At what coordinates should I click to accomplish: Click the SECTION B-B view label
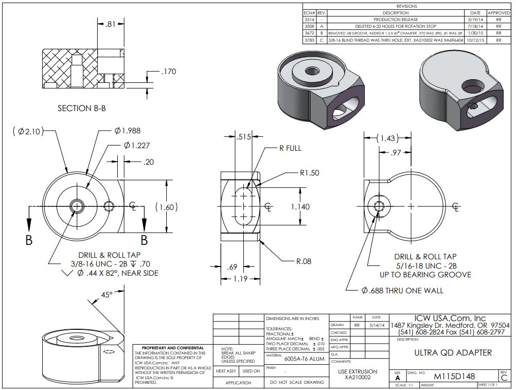pos(85,109)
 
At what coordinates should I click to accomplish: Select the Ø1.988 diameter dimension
pos(127,131)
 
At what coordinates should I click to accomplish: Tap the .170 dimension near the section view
pos(168,72)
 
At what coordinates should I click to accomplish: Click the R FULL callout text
pos(290,148)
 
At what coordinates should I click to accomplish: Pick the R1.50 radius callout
pos(309,173)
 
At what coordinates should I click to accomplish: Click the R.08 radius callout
pos(304,261)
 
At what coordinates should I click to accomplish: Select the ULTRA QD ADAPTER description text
pos(453,353)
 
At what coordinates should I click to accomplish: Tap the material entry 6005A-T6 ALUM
pos(304,359)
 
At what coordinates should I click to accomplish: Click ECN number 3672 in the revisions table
pos(309,32)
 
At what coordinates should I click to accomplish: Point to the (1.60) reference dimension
pos(166,207)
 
